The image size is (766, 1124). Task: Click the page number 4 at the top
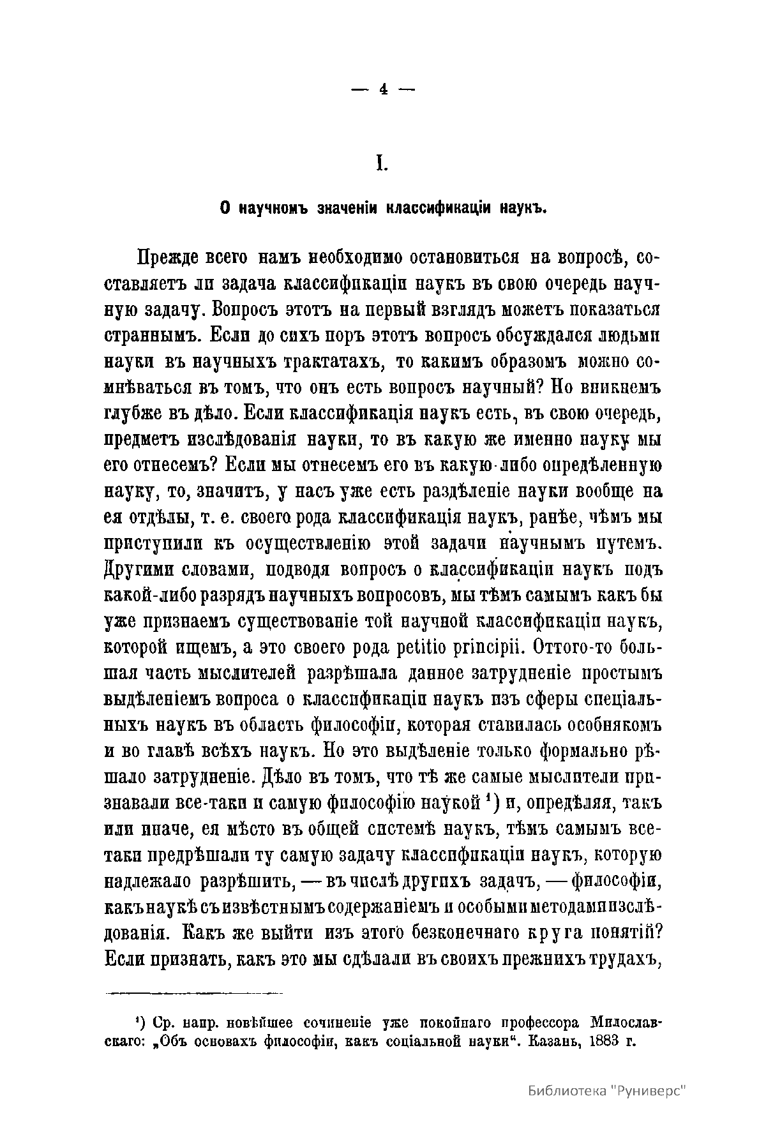point(383,90)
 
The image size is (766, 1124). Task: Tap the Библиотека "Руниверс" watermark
point(607,1090)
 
